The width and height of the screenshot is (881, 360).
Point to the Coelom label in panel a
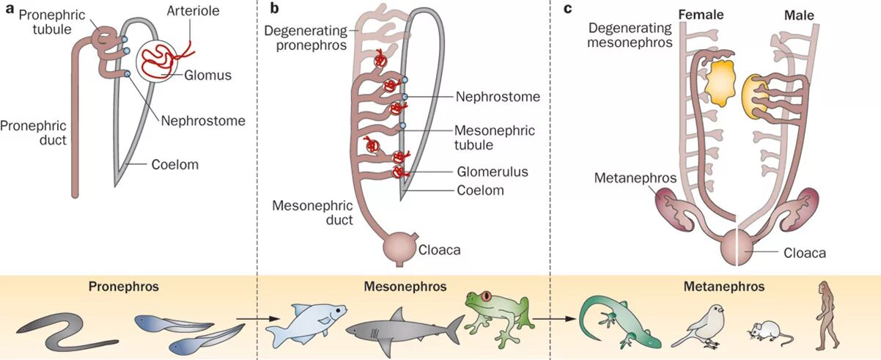click(174, 165)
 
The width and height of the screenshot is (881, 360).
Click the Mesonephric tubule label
click(495, 138)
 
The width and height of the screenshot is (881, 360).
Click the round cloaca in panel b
click(400, 247)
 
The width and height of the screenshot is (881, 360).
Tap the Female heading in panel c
click(701, 15)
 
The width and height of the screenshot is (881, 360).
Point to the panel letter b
click(273, 10)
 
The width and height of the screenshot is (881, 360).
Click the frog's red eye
click(484, 297)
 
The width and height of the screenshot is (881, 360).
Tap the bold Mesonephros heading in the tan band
click(405, 286)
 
